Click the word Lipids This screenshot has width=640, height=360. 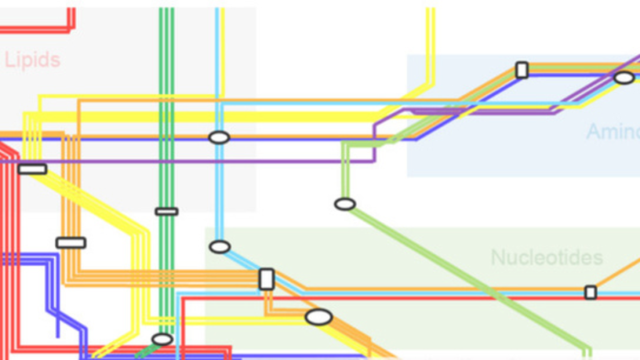(x=32, y=61)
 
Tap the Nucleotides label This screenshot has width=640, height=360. (x=546, y=257)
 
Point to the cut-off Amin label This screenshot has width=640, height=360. (x=612, y=132)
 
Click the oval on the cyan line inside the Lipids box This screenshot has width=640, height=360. (x=219, y=137)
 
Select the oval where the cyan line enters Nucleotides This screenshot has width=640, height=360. (x=219, y=247)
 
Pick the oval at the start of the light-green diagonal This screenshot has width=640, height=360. (x=344, y=204)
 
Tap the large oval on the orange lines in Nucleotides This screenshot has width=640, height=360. (x=318, y=317)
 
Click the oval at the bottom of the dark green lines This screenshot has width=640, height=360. (x=162, y=339)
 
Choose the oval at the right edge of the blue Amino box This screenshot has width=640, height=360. (x=624, y=77)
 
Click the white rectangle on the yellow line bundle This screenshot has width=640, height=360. (x=32, y=169)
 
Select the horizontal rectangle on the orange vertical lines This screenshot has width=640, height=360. (x=71, y=242)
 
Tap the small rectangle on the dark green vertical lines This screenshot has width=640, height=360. (x=166, y=211)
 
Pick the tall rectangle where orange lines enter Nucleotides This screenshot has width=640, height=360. (x=266, y=279)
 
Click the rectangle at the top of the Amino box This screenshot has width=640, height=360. (x=522, y=70)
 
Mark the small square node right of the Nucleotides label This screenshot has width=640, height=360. (x=590, y=292)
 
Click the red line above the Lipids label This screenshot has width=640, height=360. (x=37, y=29)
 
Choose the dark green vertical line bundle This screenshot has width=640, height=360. (x=166, y=75)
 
